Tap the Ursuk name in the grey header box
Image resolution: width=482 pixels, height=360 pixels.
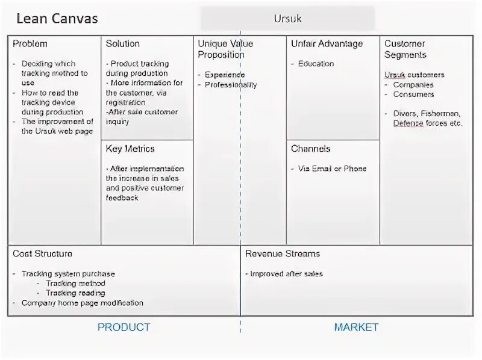287,19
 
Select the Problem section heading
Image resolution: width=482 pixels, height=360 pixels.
30,44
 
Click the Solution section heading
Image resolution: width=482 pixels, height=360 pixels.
123,44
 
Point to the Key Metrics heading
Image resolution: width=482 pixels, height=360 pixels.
130,149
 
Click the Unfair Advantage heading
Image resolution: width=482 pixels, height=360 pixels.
327,44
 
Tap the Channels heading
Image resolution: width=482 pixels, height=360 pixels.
311,149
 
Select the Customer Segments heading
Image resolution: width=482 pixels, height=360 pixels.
405,49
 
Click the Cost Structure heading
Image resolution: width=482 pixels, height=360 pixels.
42,254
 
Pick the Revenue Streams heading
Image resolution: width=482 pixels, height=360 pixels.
283,254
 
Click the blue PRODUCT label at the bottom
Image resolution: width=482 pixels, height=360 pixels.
124,327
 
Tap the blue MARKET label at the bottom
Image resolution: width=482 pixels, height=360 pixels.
356,327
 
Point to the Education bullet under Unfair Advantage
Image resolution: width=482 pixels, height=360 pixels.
316,64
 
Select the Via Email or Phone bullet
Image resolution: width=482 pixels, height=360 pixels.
332,169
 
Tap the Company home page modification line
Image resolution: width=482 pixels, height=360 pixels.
83,303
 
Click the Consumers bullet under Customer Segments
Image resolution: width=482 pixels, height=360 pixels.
413,95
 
